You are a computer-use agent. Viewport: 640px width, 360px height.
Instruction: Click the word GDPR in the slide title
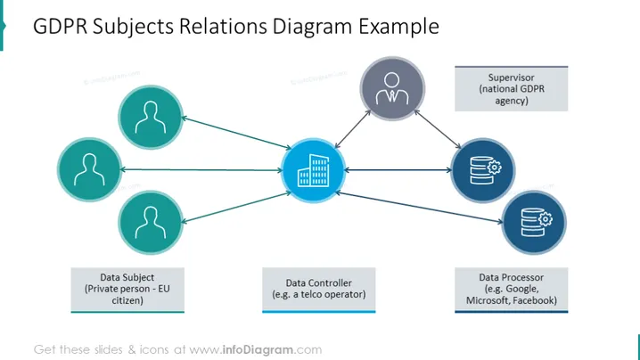tap(60, 27)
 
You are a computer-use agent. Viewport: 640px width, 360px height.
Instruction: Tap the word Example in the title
tap(398, 27)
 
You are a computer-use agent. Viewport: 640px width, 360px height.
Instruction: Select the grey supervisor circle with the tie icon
tap(392, 88)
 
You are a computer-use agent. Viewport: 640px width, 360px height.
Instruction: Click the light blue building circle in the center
tap(314, 170)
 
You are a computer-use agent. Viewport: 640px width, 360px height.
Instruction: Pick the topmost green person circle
tap(151, 117)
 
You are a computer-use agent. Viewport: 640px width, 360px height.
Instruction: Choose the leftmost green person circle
tap(89, 169)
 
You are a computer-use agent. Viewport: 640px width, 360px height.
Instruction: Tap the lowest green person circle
tap(151, 223)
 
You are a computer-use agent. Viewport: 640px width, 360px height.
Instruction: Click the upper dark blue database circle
tap(483, 170)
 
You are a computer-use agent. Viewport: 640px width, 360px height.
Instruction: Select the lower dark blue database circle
tap(534, 223)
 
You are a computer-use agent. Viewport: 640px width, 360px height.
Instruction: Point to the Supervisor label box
tap(511, 88)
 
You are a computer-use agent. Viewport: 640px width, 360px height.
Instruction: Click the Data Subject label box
tap(127, 290)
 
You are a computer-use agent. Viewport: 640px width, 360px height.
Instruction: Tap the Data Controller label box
tap(319, 290)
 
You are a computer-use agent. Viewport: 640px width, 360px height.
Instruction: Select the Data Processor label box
tap(511, 290)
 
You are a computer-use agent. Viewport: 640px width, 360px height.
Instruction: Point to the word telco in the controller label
tap(310, 294)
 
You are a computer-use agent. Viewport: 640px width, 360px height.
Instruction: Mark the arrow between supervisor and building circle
tap(353, 129)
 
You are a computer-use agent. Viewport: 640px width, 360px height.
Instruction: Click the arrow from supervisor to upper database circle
tap(438, 129)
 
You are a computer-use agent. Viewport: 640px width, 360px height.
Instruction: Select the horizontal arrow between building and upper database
tap(398, 170)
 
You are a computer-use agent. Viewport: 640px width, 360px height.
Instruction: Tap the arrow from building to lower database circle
tap(419, 208)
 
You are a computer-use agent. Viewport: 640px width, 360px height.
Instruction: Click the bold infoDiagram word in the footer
tap(258, 350)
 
